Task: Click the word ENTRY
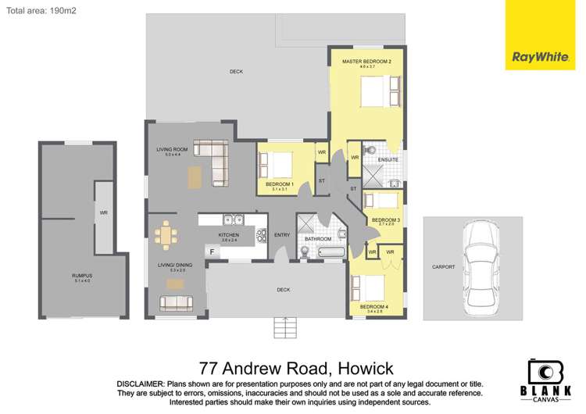pyautogui.click(x=282, y=235)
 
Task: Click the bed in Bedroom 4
pyautogui.click(x=376, y=288)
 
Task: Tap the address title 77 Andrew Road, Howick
pyautogui.click(x=297, y=367)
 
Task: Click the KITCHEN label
pyautogui.click(x=228, y=234)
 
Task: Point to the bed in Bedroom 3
pyautogui.click(x=388, y=201)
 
